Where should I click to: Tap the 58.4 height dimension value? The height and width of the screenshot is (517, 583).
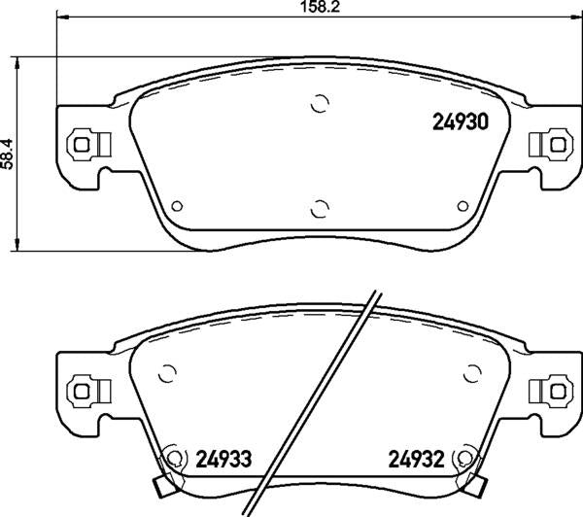tap(9, 154)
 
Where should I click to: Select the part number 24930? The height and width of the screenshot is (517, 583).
tap(459, 123)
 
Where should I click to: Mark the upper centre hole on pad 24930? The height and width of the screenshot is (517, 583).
tap(319, 104)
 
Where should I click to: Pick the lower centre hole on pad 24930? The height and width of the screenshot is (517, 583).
tap(319, 207)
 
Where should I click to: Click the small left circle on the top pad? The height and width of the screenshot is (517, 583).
tap(176, 206)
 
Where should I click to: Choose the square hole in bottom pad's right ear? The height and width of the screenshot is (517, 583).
tap(558, 391)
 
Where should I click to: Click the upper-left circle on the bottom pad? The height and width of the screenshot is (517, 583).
tap(166, 373)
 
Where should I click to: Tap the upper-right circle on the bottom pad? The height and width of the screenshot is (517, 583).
tap(472, 373)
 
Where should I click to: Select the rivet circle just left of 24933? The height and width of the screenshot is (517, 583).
tap(175, 457)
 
